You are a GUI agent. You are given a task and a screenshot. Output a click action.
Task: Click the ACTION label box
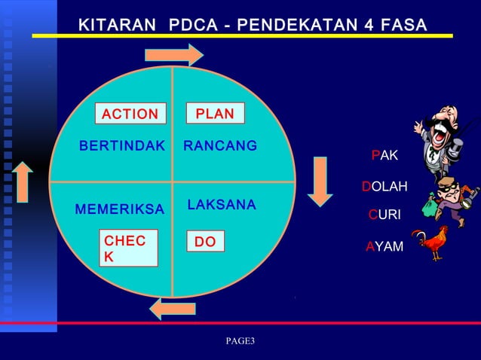point(130,114)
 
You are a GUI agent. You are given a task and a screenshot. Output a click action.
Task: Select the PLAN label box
point(215,114)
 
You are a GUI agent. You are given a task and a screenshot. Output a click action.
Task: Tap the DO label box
point(205,242)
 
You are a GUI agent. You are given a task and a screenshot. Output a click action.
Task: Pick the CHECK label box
point(130,249)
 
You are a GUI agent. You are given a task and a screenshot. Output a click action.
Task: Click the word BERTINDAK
point(121,146)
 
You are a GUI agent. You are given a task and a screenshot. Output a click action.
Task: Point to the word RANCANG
point(220,145)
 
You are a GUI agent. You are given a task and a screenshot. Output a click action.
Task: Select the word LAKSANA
point(222,205)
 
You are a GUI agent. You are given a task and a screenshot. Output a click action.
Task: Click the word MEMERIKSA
point(120,209)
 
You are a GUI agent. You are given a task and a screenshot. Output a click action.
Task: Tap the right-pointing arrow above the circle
point(174,53)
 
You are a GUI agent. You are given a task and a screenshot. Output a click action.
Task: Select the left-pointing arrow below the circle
point(173,307)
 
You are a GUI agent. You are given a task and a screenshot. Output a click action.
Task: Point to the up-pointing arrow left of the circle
point(23,181)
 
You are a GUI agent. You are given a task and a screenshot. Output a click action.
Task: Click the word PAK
point(384,155)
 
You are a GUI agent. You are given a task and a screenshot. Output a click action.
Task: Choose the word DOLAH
point(384,186)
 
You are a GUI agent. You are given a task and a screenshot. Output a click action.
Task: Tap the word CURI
point(384,216)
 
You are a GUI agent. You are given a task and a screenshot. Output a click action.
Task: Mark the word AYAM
point(384,246)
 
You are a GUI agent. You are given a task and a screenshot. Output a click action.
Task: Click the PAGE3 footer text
point(240,342)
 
